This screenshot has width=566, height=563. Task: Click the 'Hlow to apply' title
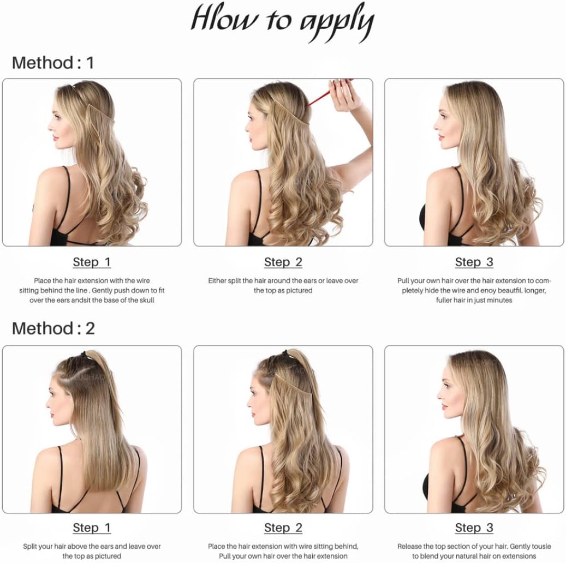tap(282, 22)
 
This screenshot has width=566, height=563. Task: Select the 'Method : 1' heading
tap(53, 63)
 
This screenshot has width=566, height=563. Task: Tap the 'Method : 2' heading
tap(53, 328)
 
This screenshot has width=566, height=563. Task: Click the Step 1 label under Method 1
tap(92, 262)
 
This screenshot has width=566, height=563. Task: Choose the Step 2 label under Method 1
tap(283, 262)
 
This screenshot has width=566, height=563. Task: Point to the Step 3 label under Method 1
tap(474, 262)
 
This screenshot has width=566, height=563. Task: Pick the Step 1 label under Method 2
tap(92, 528)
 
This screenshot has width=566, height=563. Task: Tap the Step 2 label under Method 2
tap(283, 528)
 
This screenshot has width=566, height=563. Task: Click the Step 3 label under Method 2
tap(474, 528)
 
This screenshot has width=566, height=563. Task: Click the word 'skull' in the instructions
tap(147, 300)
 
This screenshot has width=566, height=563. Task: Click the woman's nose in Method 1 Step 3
tap(436, 126)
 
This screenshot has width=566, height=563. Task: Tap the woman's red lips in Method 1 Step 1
tap(55, 138)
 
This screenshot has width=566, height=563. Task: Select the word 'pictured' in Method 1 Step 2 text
tap(299, 291)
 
